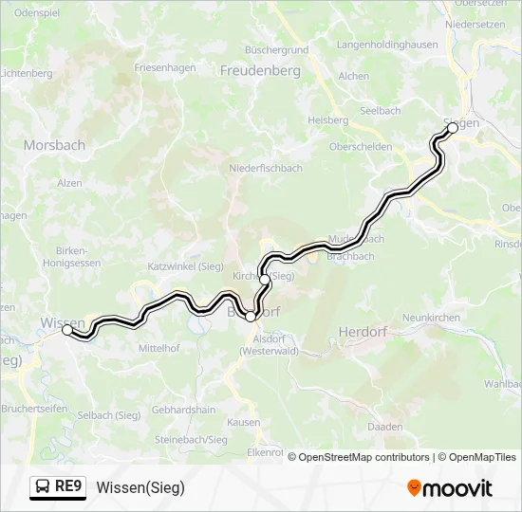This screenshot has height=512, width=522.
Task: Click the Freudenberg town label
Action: [259, 71]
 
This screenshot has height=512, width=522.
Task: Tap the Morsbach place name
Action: [54, 145]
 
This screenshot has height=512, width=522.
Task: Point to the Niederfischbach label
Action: [265, 168]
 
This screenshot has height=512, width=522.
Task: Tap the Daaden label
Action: [385, 428]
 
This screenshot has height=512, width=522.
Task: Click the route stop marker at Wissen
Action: [67, 330]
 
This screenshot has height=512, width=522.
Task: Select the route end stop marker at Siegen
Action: [453, 127]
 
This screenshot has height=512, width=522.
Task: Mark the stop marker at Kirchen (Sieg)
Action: [265, 280]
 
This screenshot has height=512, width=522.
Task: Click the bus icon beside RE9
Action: [44, 487]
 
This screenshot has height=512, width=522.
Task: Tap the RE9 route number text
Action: [69, 487]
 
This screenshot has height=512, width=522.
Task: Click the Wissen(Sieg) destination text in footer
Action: [140, 487]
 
